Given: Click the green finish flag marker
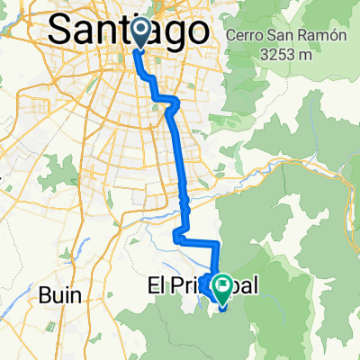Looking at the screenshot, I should [x=221, y=287].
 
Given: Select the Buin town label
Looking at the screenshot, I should [x=60, y=293].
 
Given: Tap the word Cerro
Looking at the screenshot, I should [x=245, y=36].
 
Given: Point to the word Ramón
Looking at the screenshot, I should [x=304, y=36].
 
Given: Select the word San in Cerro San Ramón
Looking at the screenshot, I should [x=274, y=36].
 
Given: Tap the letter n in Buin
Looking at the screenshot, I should [x=76, y=294].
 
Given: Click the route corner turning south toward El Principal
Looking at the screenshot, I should [x=220, y=244].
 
